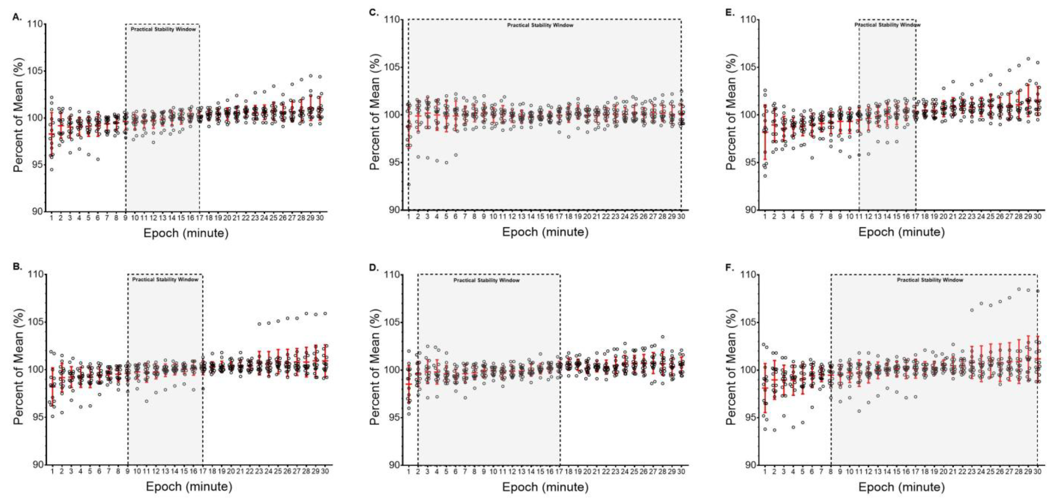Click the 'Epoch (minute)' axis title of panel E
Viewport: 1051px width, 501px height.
pyautogui.click(x=901, y=232)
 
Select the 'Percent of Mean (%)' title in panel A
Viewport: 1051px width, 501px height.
pyautogui.click(x=18, y=115)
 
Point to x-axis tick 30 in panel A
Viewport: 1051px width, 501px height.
pyautogui.click(x=320, y=218)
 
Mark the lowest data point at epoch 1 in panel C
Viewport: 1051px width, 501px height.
pyautogui.click(x=408, y=185)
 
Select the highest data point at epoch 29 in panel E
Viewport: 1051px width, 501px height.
pyautogui.click(x=1028, y=59)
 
